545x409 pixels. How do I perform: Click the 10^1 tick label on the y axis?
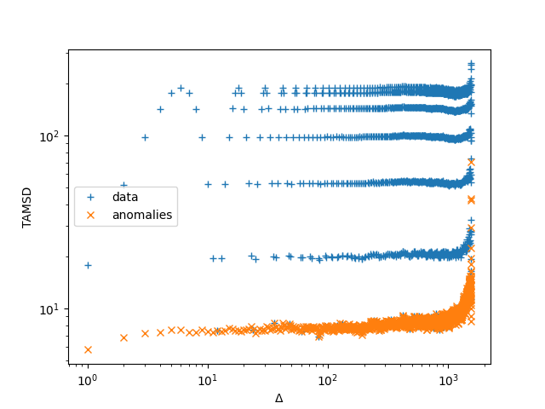51,309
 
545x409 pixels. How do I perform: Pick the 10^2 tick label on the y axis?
51,136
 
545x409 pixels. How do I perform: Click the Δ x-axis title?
278,398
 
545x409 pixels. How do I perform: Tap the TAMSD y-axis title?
26,208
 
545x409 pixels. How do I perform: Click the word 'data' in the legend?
124,197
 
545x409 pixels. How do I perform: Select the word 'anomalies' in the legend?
142,215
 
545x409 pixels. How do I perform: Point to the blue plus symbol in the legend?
90,197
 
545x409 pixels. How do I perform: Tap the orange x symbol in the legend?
90,215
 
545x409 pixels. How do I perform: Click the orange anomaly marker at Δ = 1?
88,349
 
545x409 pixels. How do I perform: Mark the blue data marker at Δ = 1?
88,265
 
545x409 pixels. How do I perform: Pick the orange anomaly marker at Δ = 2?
123,337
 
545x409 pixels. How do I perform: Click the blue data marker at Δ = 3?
145,137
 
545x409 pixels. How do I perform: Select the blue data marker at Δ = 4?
160,109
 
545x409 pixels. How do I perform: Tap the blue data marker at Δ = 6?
181,88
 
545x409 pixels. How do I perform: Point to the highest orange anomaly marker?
471,162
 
